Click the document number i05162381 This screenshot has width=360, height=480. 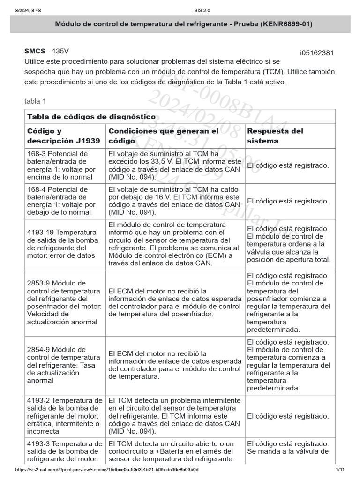[x=316, y=52]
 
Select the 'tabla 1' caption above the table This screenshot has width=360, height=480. [x=35, y=101]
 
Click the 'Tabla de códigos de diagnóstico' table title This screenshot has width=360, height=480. [x=91, y=116]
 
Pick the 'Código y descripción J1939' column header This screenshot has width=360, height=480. [x=64, y=136]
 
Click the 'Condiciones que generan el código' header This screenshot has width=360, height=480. [x=164, y=136]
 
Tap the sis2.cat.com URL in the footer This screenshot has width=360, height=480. [x=107, y=470]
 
